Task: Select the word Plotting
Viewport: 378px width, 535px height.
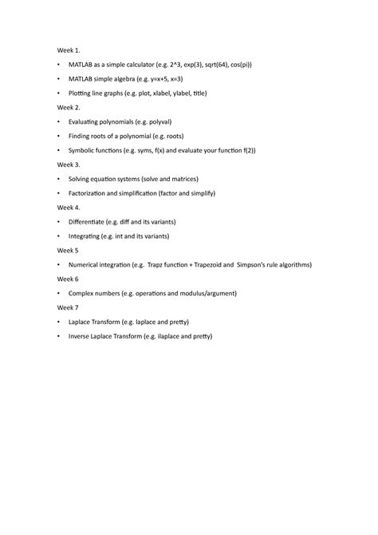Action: coord(83,93)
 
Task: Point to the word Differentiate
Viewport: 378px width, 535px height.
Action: coord(89,221)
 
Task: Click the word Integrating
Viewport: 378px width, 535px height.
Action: coord(86,236)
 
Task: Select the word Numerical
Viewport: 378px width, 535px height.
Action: coord(86,264)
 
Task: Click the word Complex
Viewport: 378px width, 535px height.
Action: coord(83,293)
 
